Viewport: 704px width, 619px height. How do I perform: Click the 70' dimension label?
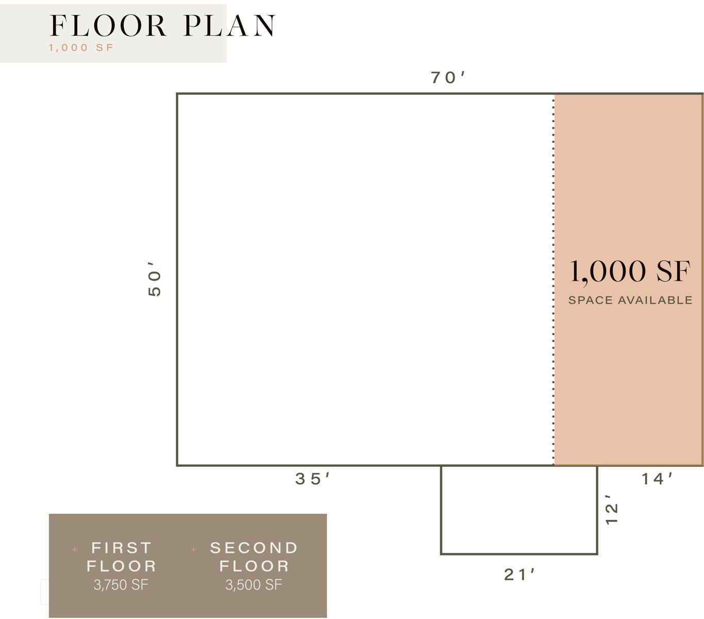point(447,77)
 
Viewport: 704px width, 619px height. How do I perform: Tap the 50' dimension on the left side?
point(154,279)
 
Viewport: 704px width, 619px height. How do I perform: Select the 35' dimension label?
point(312,479)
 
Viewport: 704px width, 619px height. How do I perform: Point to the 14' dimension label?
point(657,479)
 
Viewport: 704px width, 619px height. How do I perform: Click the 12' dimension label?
point(612,510)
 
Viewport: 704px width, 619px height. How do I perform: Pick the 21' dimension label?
point(519,575)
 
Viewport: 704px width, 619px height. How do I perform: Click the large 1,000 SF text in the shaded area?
point(630,272)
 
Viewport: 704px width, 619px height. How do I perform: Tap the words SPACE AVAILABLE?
point(630,300)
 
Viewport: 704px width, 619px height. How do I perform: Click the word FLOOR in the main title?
point(108,26)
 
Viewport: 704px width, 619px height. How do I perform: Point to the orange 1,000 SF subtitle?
point(81,47)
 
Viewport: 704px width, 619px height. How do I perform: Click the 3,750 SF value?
point(121,584)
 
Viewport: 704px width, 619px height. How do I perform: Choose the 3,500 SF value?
point(254,584)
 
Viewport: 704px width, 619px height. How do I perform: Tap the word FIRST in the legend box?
point(121,548)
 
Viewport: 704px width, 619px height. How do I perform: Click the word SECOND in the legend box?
point(254,548)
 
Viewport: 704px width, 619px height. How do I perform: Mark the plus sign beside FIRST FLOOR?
point(75,549)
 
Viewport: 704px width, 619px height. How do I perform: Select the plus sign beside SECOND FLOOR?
point(194,549)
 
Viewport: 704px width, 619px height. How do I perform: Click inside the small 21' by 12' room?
point(519,510)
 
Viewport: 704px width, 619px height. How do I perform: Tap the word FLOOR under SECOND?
point(254,566)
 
